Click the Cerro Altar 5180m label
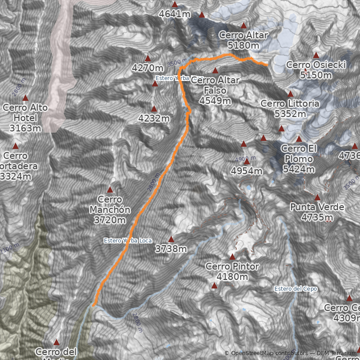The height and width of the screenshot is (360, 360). pyautogui.click(x=243, y=40)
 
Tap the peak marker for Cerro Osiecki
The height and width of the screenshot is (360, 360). pyautogui.click(x=316, y=55)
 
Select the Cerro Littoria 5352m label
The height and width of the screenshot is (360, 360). pyautogui.click(x=290, y=108)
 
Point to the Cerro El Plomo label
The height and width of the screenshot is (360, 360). pyautogui.click(x=298, y=159)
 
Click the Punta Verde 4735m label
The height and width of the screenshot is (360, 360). pyautogui.click(x=317, y=212)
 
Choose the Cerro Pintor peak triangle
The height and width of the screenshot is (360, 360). pyautogui.click(x=232, y=257)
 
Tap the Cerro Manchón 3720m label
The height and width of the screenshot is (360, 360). pyautogui.click(x=110, y=210)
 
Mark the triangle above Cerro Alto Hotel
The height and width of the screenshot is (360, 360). pyautogui.click(x=26, y=98)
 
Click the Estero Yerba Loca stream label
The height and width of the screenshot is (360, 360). pyautogui.click(x=127, y=240)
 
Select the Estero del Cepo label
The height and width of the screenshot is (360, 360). pyautogui.click(x=296, y=288)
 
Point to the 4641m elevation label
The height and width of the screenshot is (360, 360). pyautogui.click(x=175, y=14)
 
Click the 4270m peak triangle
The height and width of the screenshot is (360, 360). pyautogui.click(x=148, y=58)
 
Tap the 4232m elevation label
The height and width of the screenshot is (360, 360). pyautogui.click(x=154, y=119)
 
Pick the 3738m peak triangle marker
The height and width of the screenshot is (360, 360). pyautogui.click(x=171, y=239)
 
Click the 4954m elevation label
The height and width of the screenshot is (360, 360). pyautogui.click(x=246, y=171)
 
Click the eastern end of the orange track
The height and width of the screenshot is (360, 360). pyautogui.click(x=267, y=65)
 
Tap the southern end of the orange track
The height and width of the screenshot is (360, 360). pyautogui.click(x=93, y=306)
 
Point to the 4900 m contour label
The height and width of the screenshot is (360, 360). pyautogui.click(x=246, y=159)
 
